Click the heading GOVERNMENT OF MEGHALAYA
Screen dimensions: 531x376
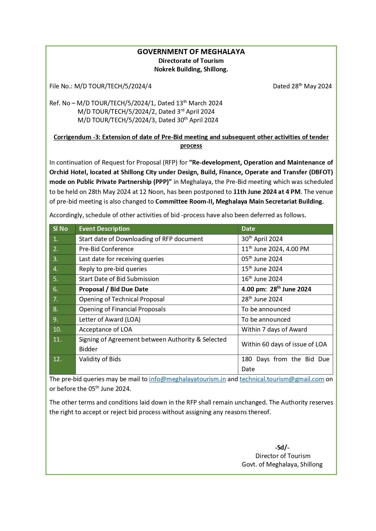click(191, 52)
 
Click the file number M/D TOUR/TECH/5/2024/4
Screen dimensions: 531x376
click(113, 86)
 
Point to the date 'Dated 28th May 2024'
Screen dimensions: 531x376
click(302, 86)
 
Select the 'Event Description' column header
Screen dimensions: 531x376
click(104, 229)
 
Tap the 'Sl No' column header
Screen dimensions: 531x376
click(60, 229)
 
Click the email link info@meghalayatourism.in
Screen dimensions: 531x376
click(187, 379)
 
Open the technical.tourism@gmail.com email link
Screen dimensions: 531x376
click(282, 379)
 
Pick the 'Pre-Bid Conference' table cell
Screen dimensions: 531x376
click(106, 249)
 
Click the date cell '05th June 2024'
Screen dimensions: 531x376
click(262, 259)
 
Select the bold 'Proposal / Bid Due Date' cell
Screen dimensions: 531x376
click(114, 289)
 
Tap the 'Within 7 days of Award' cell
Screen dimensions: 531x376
click(274, 329)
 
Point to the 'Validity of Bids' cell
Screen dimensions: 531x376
click(100, 359)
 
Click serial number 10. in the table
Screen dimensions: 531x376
click(57, 329)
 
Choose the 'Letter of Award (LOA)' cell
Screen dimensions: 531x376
click(110, 320)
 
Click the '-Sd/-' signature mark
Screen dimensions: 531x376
click(282, 447)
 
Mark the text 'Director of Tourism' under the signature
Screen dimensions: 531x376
click(283, 456)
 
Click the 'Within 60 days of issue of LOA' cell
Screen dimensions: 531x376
click(284, 344)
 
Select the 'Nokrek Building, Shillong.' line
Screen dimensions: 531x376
click(191, 69)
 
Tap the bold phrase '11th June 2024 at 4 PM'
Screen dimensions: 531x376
click(267, 192)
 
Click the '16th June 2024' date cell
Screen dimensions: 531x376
click(262, 279)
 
